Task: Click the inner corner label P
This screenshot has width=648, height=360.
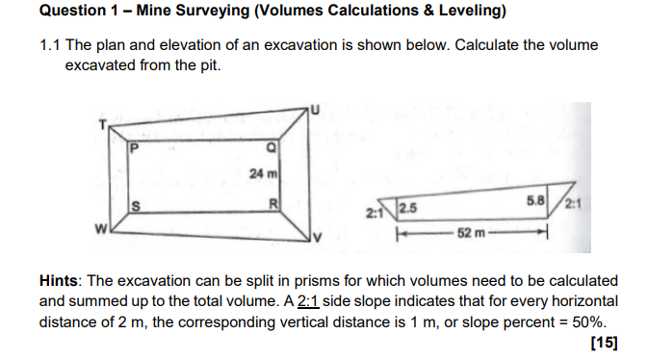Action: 135,148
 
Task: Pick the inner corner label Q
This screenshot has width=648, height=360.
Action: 272,147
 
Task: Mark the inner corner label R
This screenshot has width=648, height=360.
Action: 273,203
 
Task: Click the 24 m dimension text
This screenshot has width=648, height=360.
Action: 261,173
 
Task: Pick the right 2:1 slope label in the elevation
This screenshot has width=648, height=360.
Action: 575,203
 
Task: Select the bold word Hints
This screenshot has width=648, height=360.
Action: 61,280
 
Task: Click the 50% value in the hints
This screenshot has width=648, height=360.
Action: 587,321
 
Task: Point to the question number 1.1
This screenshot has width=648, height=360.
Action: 51,45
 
